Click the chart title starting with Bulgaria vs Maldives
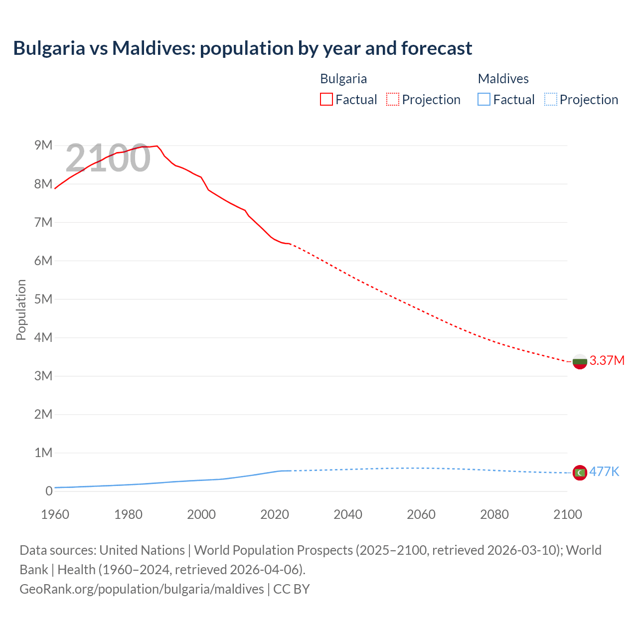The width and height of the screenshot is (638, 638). click(242, 48)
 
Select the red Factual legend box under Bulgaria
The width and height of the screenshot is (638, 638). click(326, 99)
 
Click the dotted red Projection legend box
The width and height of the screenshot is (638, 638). click(393, 99)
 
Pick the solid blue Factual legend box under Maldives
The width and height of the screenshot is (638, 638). click(483, 99)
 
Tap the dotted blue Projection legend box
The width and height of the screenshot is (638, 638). click(550, 99)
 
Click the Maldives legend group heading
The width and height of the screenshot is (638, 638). click(503, 79)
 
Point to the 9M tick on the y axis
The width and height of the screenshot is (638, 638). click(43, 146)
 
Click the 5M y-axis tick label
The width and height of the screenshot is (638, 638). click(43, 299)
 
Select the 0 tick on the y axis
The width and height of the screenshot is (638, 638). click(48, 491)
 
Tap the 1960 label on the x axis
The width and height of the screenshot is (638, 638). click(55, 514)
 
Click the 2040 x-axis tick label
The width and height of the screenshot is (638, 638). click(348, 514)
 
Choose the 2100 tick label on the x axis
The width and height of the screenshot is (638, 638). click(567, 514)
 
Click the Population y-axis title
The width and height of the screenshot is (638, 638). click(21, 310)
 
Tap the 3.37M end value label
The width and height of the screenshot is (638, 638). click(607, 360)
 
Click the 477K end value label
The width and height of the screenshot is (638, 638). click(604, 472)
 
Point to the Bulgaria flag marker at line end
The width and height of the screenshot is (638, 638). click(580, 361)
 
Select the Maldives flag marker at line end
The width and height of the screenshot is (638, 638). click(580, 473)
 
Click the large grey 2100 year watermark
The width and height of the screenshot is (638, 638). click(108, 158)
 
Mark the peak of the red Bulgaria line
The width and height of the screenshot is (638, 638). click(157, 146)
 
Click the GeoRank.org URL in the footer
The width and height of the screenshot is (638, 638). click(142, 589)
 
